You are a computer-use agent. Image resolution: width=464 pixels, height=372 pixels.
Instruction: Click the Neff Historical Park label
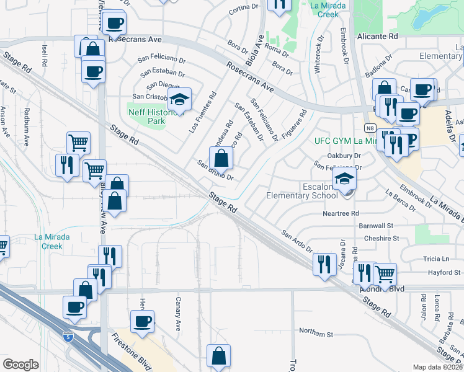156,117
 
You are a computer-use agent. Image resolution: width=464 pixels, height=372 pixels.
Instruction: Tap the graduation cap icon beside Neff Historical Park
179,99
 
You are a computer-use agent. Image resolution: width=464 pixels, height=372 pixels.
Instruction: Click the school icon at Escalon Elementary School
344,180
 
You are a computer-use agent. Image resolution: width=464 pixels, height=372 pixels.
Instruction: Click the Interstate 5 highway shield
66,337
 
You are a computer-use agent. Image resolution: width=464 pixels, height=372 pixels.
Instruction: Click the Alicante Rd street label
377,37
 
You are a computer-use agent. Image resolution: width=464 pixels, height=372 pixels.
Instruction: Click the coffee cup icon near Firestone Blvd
143,321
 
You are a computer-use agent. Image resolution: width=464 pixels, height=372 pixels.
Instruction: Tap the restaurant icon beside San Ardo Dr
324,263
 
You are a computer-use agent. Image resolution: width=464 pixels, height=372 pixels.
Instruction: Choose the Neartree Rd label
341,213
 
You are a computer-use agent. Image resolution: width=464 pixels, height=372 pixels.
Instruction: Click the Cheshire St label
381,238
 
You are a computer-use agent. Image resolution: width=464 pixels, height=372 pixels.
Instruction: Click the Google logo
21,365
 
